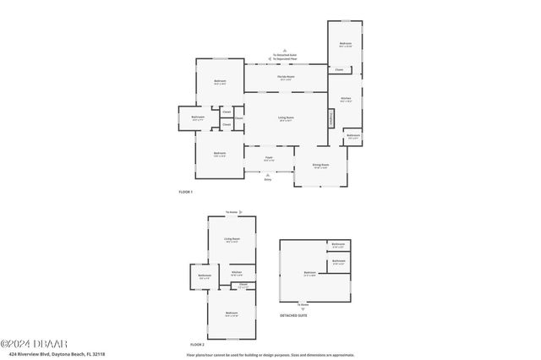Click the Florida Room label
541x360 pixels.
pyautogui.click(x=285, y=77)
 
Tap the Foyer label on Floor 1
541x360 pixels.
pyautogui.click(x=268, y=157)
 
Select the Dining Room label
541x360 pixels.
pyautogui.click(x=320, y=165)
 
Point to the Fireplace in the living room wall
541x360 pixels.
pyautogui.click(x=330, y=119)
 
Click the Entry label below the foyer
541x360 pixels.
pyautogui.click(x=268, y=179)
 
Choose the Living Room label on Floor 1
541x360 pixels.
pyautogui.click(x=286, y=118)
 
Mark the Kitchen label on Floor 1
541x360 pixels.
pyautogui.click(x=345, y=98)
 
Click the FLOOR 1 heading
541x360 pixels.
pyautogui.click(x=186, y=192)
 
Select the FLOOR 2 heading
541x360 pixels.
pyautogui.click(x=197, y=345)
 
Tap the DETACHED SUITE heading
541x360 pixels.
pyautogui.click(x=294, y=315)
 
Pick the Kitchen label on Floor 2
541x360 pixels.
pyautogui.click(x=237, y=272)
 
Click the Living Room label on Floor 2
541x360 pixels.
pyautogui.click(x=231, y=239)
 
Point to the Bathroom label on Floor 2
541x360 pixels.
pyautogui.click(x=205, y=275)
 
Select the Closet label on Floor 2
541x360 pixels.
pyautogui.click(x=243, y=285)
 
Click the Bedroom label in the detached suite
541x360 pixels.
pyautogui.click(x=310, y=272)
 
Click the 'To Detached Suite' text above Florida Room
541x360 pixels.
pyautogui.click(x=285, y=55)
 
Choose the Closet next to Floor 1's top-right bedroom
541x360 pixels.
pyautogui.click(x=339, y=69)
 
